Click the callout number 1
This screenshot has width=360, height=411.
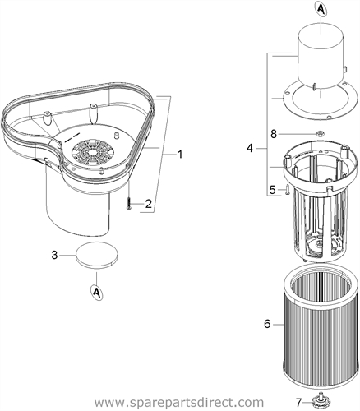180,155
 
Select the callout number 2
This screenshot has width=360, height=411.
148,204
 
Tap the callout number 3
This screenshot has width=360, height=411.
55,256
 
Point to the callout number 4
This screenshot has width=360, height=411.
249,149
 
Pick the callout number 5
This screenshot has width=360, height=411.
272,190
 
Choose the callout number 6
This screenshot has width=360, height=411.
267,324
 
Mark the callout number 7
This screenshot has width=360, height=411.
298,403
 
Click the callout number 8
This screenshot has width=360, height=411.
274,134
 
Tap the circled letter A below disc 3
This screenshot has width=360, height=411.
96,293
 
